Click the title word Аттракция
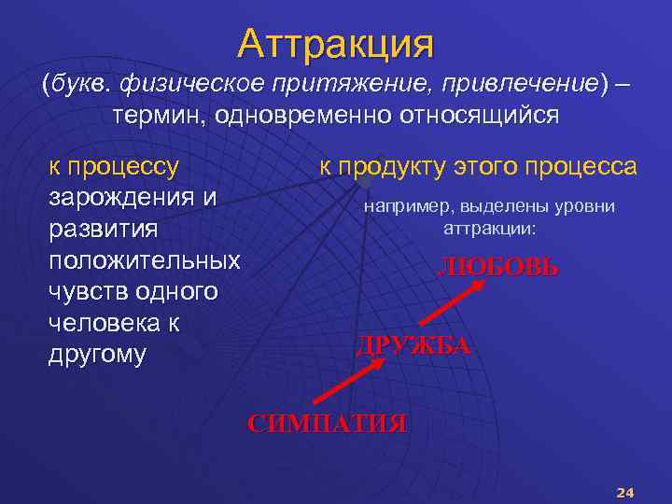pyautogui.click(x=335, y=42)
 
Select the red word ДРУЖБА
pyautogui.click(x=413, y=346)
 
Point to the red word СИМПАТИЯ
pyautogui.click(x=327, y=423)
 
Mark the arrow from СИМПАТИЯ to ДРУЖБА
pyautogui.click(x=351, y=385)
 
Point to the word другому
pyautogui.click(x=97, y=356)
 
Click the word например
pyautogui.click(x=404, y=206)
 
